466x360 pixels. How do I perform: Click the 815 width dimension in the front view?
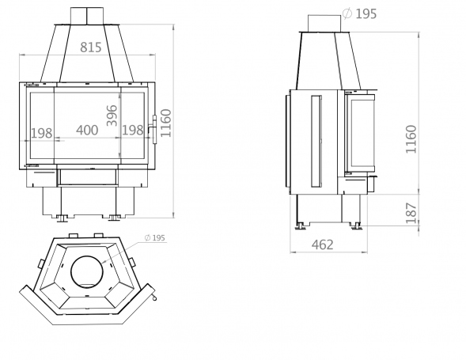pos(91,47)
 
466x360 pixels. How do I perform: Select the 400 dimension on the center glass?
pos(87,131)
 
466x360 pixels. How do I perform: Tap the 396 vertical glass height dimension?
pos(112,116)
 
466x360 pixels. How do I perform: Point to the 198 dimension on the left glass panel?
pos(42,133)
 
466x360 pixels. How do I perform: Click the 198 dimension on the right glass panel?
pos(133,131)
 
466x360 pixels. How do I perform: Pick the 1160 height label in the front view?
pos(166,123)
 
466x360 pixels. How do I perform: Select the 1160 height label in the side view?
pos(411,139)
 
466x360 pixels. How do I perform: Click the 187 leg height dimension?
pos(411,213)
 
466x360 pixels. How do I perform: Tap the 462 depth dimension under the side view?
pos(323,244)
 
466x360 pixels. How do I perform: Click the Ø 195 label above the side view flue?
pos(360,13)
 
